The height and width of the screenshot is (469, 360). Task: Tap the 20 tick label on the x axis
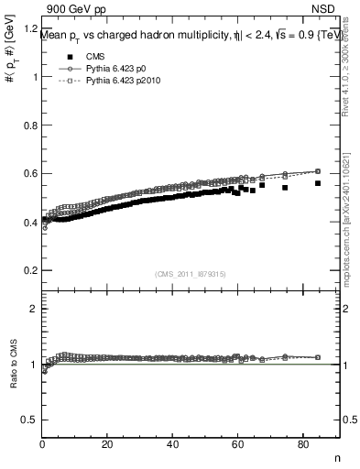pos(107,445)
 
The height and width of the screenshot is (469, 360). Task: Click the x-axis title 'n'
pos(336,458)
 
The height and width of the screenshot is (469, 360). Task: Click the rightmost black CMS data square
pos(318,183)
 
